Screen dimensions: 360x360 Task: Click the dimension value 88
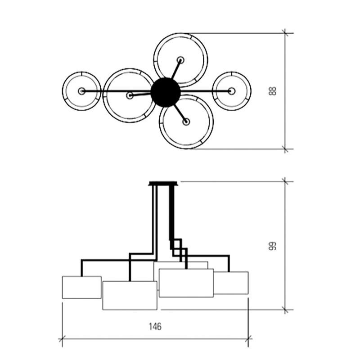click(x=273, y=91)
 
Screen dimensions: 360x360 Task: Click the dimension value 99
click(x=273, y=246)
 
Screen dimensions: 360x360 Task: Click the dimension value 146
click(x=155, y=326)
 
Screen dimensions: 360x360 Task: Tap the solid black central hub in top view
click(x=166, y=92)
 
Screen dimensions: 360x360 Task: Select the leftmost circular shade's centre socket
click(x=81, y=91)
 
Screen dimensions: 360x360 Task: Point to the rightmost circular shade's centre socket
click(x=232, y=91)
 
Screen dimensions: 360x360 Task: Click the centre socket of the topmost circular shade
click(x=181, y=60)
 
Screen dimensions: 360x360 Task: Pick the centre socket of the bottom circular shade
click(x=186, y=121)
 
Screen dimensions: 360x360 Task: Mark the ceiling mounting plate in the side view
click(x=163, y=184)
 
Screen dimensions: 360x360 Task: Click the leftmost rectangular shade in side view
click(x=82, y=287)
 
